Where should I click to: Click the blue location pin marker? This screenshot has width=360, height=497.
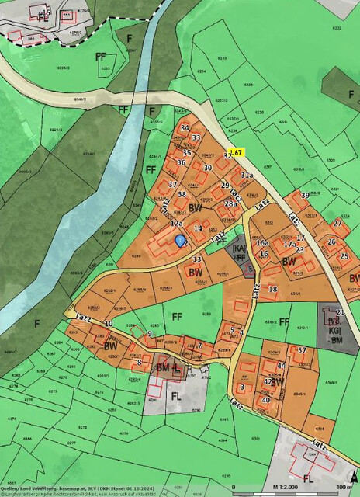pyautogui.click(x=181, y=241)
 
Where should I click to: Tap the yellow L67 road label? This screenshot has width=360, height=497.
pyautogui.click(x=237, y=152)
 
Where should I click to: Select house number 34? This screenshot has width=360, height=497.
pyautogui.click(x=184, y=127)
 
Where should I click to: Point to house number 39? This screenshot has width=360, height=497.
pyautogui.click(x=305, y=195)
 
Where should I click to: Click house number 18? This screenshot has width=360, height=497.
pyautogui.click(x=272, y=290)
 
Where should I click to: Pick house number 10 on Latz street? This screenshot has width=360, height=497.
pyautogui.click(x=108, y=324)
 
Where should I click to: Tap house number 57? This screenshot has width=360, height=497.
pyautogui.click(x=303, y=351)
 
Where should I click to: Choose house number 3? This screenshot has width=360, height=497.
pyautogui.click(x=243, y=387)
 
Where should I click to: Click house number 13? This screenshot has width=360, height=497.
pyautogui.click(x=197, y=259)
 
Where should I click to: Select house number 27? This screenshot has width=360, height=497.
pyautogui.click(x=337, y=223)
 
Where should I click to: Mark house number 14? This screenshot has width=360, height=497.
pyautogui.click(x=198, y=229)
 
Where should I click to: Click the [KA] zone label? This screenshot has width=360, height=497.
pyautogui.click(x=240, y=248)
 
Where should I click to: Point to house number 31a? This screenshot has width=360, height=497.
pyautogui.click(x=247, y=176)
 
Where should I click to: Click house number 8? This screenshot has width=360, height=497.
pyautogui.click(x=140, y=363)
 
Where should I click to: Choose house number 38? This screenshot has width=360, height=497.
pyautogui.click(x=182, y=194)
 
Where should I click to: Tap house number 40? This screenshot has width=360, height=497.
pyautogui.click(x=265, y=400)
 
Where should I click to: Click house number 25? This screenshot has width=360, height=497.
pyautogui.click(x=344, y=256)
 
